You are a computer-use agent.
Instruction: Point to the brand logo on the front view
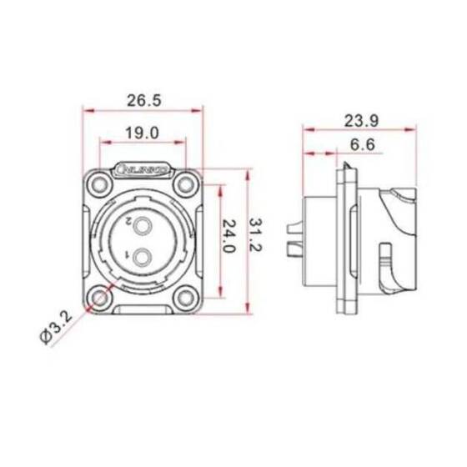click(144, 170)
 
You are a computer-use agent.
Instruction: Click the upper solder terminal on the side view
click(293, 227)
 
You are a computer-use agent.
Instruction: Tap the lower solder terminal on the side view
click(293, 249)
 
